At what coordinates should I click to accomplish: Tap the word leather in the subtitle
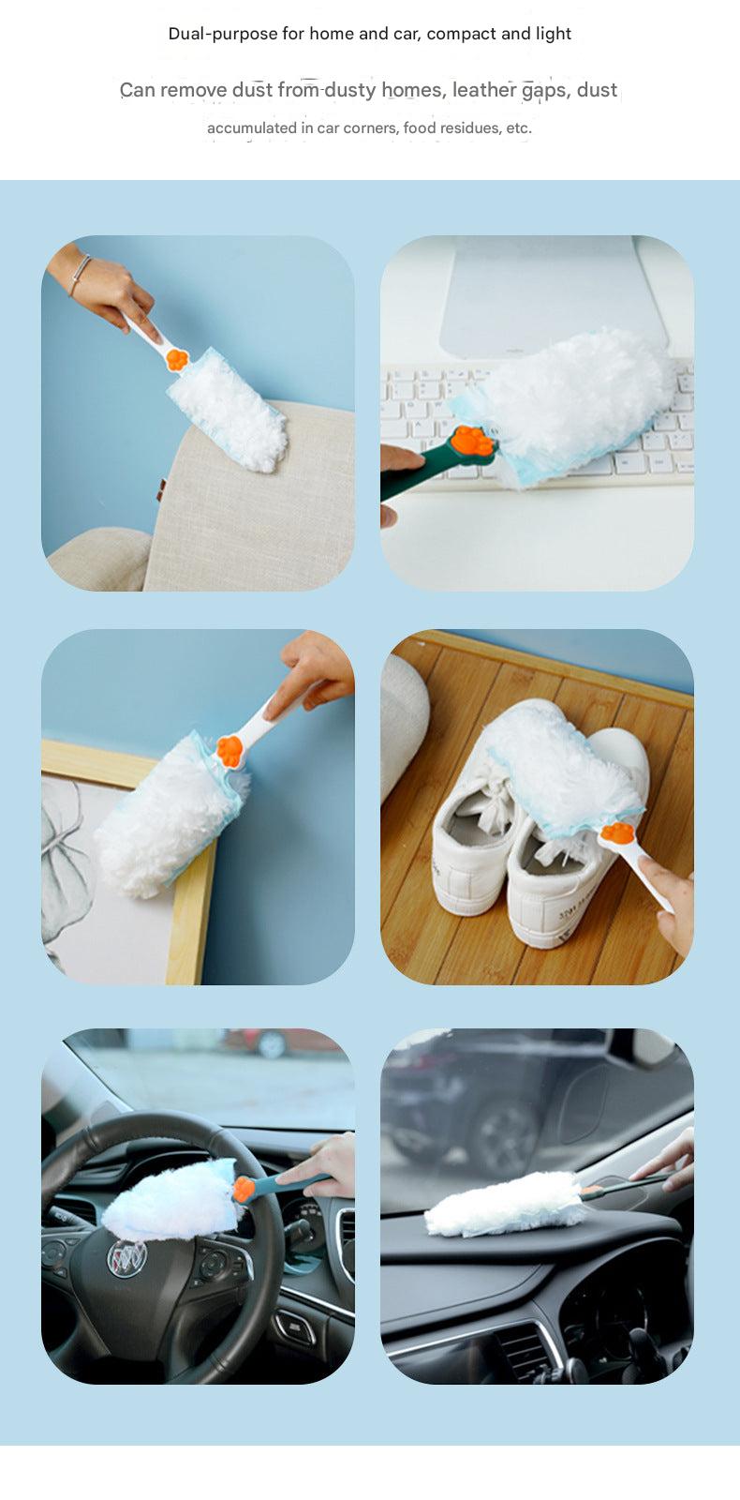[483, 90]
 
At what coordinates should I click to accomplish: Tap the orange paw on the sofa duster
[177, 360]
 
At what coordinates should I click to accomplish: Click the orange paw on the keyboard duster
[474, 441]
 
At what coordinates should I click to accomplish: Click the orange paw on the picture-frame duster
[229, 751]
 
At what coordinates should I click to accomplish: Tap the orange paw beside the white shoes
[617, 832]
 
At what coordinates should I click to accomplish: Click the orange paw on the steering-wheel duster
[244, 1190]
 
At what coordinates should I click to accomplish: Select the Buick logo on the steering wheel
[127, 1257]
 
